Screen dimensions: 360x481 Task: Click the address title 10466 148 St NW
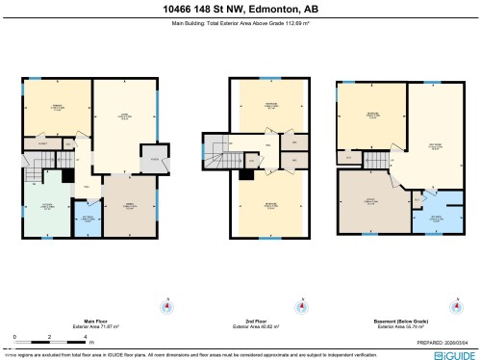240,10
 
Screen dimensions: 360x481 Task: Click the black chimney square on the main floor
67,176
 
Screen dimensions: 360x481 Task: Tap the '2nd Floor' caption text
255,321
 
